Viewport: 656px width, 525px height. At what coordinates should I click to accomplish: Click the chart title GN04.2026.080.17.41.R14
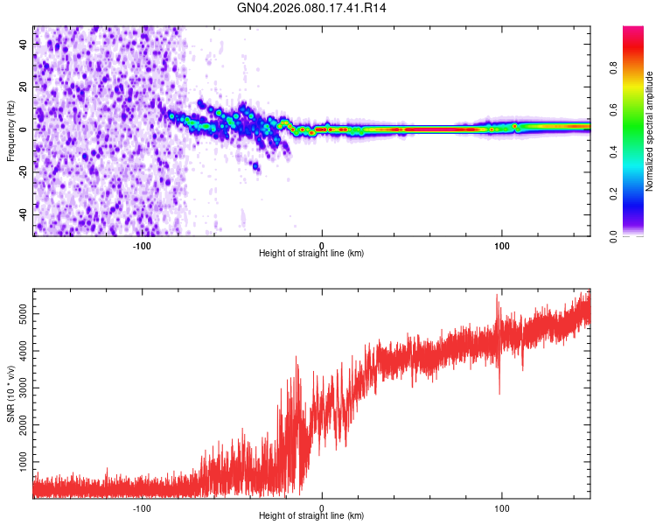[x=311, y=8]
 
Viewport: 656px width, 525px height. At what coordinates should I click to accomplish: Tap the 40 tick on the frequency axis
[x=24, y=44]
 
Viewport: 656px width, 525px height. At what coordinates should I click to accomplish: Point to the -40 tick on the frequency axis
[x=24, y=214]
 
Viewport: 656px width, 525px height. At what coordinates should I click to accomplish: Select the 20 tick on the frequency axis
[x=24, y=87]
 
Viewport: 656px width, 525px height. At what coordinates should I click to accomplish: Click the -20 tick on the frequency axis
[x=24, y=171]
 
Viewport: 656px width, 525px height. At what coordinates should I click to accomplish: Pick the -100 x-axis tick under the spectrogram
[x=142, y=245]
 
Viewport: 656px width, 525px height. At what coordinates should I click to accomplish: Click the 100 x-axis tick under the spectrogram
[x=502, y=245]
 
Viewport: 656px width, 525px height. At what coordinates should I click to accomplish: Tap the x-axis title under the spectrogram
[x=311, y=254]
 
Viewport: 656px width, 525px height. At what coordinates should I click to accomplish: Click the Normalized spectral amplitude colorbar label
[x=649, y=131]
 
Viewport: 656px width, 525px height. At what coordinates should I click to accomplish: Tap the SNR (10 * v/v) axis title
[x=10, y=391]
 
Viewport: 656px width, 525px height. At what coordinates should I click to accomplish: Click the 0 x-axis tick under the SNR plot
[x=322, y=507]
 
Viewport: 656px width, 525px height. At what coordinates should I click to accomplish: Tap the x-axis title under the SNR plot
[x=311, y=516]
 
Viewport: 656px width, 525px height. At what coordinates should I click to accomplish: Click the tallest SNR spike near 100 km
[x=498, y=295]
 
